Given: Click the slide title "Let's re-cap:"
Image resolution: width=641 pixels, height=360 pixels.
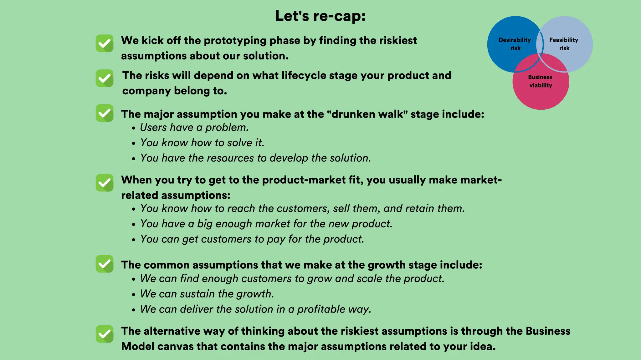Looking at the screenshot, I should (x=320, y=16).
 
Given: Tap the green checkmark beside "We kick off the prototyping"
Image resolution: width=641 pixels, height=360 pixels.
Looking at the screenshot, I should (x=105, y=43).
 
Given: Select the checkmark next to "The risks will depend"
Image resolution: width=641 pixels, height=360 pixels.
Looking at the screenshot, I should (x=105, y=78).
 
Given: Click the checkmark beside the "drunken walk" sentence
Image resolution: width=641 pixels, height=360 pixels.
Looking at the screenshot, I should (x=105, y=113).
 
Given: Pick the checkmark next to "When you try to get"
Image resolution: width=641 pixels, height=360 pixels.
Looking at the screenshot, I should (x=105, y=183).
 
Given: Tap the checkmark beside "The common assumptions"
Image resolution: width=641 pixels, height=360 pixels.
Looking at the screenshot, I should (x=105, y=264).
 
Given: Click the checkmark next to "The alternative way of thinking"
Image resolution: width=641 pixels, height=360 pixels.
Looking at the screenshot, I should (x=105, y=334).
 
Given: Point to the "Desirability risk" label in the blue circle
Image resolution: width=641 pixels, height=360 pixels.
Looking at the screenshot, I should (x=515, y=44).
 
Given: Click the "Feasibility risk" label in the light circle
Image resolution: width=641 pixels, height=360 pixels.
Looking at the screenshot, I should (x=564, y=44).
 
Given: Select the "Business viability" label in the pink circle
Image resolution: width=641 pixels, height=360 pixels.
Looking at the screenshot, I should (x=541, y=81).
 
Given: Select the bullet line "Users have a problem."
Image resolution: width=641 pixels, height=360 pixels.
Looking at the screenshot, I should (x=194, y=127).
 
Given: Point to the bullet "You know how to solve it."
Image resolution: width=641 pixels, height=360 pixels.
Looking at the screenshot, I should (x=202, y=143).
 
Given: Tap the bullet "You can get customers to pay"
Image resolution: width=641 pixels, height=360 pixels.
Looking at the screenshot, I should (x=252, y=239).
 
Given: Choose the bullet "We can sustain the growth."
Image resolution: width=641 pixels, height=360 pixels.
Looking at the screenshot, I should (x=207, y=294).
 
